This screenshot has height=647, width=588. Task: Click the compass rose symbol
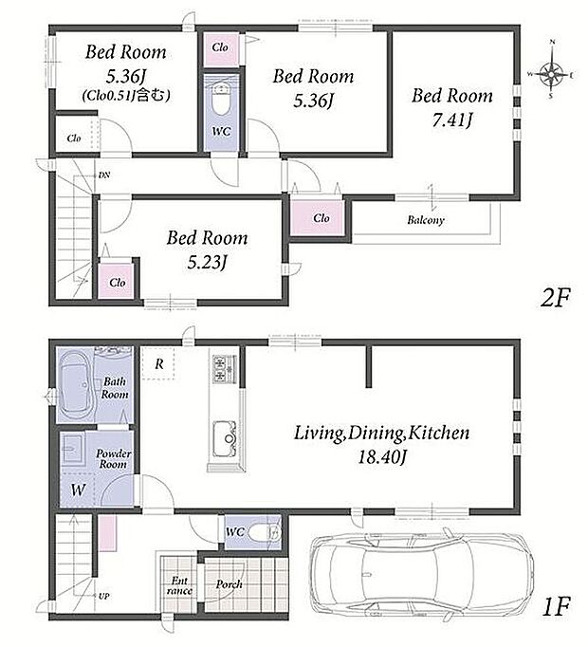tap(551, 75)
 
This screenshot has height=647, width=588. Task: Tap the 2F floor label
tap(556, 298)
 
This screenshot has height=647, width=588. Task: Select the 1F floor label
tap(556, 606)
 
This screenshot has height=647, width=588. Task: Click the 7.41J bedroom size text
tap(452, 120)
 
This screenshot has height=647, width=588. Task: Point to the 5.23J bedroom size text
tap(207, 263)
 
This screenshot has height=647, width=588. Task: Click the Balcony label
tap(426, 220)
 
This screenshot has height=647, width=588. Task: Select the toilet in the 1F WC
tap(265, 531)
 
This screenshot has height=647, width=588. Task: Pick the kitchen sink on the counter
tap(226, 438)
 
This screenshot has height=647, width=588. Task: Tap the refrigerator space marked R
tap(158, 363)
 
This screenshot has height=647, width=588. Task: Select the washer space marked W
tap(78, 490)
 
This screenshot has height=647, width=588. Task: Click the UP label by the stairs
tap(104, 597)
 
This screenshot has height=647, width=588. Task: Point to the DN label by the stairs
tap(104, 175)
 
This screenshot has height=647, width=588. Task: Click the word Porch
tap(229, 584)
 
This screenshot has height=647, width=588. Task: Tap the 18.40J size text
tap(382, 457)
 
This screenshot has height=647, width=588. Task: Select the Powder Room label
tap(114, 459)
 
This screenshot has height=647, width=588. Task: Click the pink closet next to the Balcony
tap(317, 217)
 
